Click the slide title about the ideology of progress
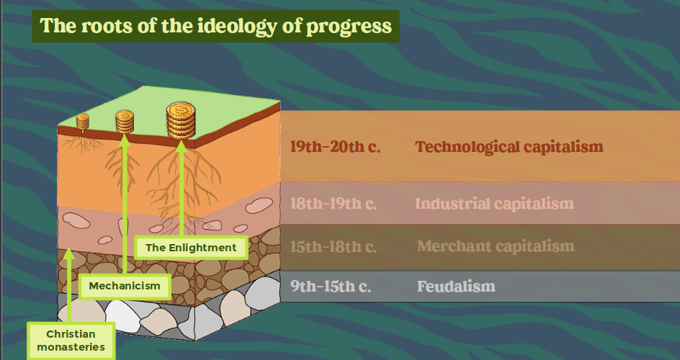pos(215,26)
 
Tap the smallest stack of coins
pos(82,121)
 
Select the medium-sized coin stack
pos(125,121)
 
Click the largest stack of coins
pos(181,120)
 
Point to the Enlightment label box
pos(192,248)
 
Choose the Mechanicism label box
pos(125,286)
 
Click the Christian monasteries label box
pos(71,341)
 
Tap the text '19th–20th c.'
pos(335,147)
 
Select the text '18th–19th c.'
pos(333,203)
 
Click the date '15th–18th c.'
pos(333,246)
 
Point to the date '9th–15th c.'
pos(331,286)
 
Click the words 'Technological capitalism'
pos(509,147)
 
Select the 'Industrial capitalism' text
pos(494,203)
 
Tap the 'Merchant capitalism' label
pos(496,246)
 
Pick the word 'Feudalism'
pos(456,286)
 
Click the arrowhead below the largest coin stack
pos(182,146)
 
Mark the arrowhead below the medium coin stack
pos(125,140)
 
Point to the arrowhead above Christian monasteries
pos(69,253)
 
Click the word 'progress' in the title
pos(349,27)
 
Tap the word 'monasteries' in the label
pos(71,347)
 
